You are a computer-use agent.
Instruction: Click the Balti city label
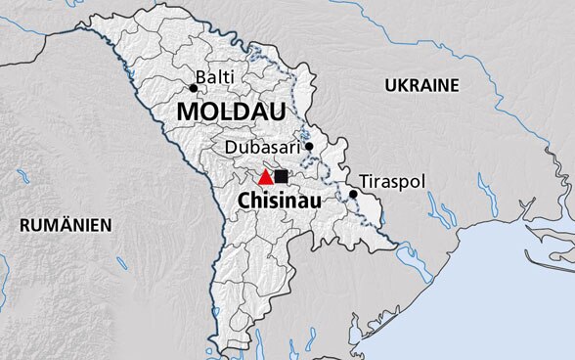214,76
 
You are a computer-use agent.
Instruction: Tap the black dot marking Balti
193,88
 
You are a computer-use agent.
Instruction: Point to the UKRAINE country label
421,85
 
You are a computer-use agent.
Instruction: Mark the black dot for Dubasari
308,147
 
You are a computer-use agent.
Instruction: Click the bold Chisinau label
281,204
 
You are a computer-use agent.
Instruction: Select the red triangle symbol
265,177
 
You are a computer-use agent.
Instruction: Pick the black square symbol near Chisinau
282,176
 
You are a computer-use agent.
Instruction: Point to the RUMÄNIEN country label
66,225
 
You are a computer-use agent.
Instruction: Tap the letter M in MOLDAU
187,112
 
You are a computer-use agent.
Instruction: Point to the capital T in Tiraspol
365,182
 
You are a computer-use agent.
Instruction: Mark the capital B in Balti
200,76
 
